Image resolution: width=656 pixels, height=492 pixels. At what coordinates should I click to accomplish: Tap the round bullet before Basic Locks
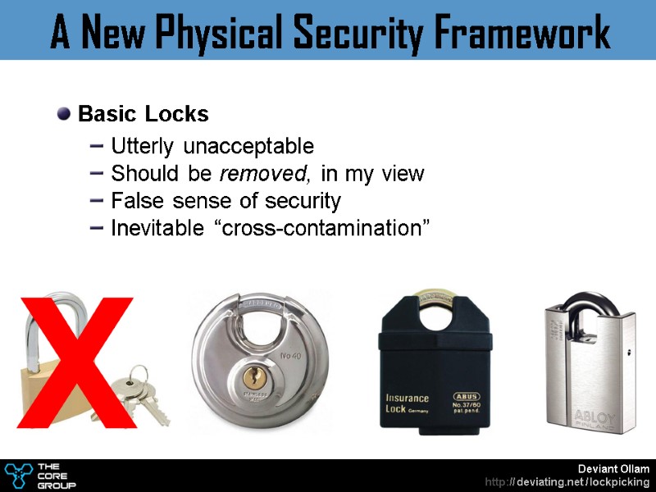pyautogui.click(x=64, y=112)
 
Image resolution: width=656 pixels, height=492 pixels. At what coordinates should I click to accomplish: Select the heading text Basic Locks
pyautogui.click(x=143, y=113)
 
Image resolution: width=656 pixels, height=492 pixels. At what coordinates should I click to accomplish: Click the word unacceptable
pyautogui.click(x=248, y=147)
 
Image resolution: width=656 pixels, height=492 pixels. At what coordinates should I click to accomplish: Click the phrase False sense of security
pyautogui.click(x=225, y=201)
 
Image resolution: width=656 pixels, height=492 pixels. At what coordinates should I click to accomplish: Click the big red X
pyautogui.click(x=78, y=361)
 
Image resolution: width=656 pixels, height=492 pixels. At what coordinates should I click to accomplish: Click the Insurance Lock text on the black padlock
pyautogui.click(x=406, y=404)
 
